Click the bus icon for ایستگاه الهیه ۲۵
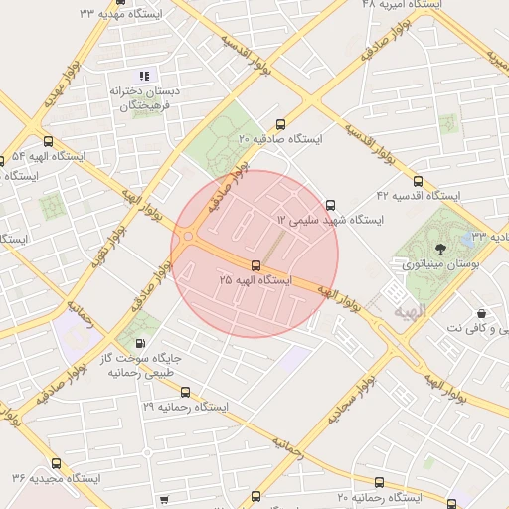256,265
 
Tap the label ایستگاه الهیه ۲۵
256,281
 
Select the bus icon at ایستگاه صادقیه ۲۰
280,125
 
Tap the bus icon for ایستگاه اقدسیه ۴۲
418,181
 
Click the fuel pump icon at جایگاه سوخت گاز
151,344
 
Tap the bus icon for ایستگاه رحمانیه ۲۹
185,392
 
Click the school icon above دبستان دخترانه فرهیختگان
144,76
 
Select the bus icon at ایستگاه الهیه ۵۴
48,142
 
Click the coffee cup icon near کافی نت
481,312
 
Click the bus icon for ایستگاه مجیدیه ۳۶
55,462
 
